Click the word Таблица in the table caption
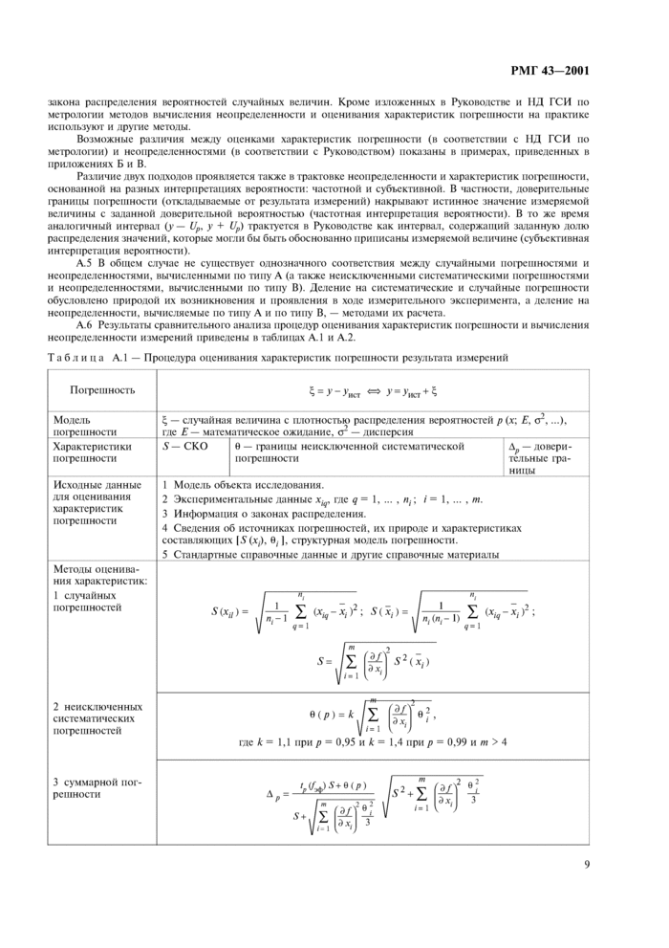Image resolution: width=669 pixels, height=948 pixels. (x=73, y=357)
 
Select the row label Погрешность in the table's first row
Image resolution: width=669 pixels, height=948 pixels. (x=102, y=390)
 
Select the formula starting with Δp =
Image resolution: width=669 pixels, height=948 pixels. (x=372, y=798)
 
